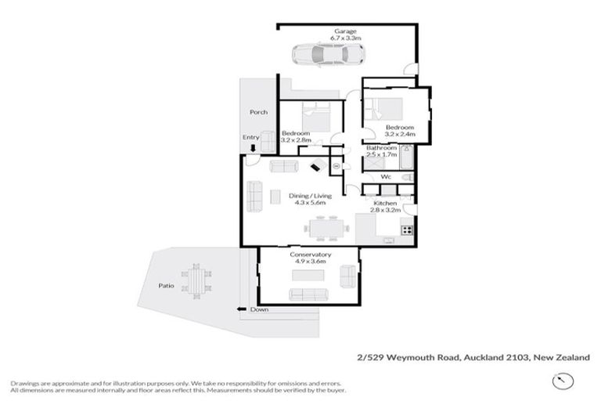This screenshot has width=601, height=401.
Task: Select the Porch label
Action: [258, 112]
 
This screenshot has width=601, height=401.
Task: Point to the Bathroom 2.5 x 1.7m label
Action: [382, 150]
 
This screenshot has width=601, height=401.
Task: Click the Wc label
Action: [386, 177]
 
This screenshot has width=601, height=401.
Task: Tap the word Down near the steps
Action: [259, 309]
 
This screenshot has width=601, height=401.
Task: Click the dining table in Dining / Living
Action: [327, 229]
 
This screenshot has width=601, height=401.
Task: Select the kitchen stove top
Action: [406, 229]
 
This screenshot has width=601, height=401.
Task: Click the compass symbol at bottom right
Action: [560, 381]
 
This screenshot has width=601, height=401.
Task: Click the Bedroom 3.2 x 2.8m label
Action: [297, 136]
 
